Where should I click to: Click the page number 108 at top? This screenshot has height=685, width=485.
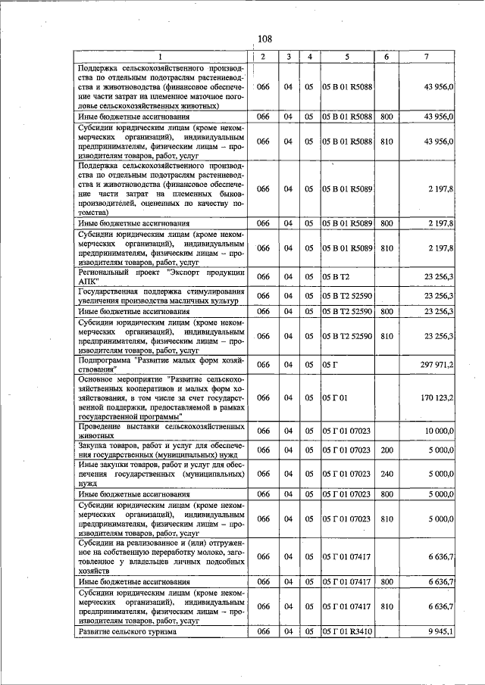click(x=264, y=39)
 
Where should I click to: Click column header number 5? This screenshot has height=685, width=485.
click(x=346, y=58)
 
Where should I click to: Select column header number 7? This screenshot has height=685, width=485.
click(x=426, y=58)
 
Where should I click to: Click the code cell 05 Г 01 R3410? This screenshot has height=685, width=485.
click(x=346, y=631)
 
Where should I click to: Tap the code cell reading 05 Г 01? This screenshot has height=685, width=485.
click(x=333, y=397)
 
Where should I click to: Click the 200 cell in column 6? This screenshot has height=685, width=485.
click(x=386, y=450)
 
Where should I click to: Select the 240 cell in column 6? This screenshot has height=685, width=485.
click(x=386, y=474)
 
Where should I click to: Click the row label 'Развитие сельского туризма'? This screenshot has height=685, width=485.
click(x=127, y=631)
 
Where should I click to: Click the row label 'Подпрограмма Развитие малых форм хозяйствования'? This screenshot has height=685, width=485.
click(x=161, y=365)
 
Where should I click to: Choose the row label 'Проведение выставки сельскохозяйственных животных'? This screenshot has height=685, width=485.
click(x=161, y=431)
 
